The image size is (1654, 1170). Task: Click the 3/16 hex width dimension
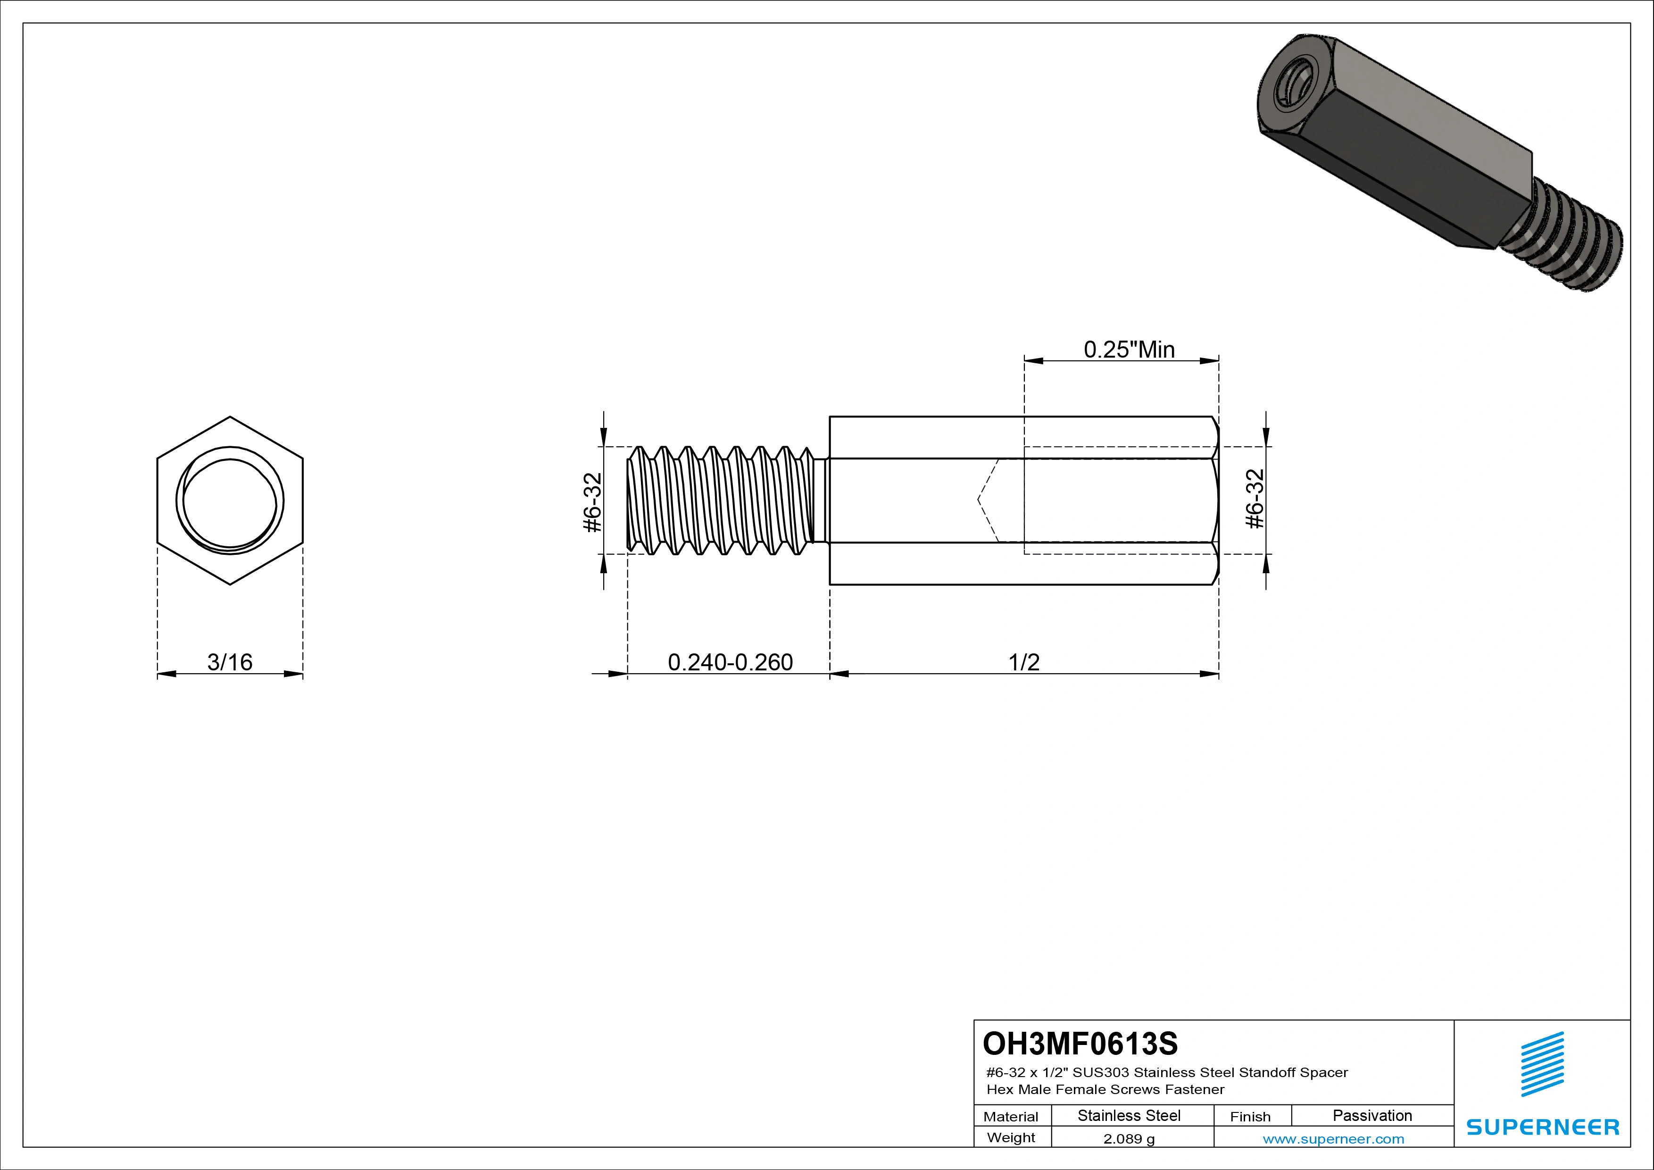230,662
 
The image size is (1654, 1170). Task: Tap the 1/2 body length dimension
1023,662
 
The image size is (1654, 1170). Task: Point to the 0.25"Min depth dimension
1129,350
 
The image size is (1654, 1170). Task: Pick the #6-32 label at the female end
1254,499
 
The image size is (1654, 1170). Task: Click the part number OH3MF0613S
1080,1043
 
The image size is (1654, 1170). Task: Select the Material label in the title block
1011,1117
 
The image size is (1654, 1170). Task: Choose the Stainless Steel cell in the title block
1129,1116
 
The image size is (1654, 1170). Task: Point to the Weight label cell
1011,1137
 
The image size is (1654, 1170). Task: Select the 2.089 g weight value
1129,1139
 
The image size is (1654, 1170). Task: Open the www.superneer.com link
1333,1139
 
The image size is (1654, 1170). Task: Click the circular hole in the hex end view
230,501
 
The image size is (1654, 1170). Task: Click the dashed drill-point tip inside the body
978,499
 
